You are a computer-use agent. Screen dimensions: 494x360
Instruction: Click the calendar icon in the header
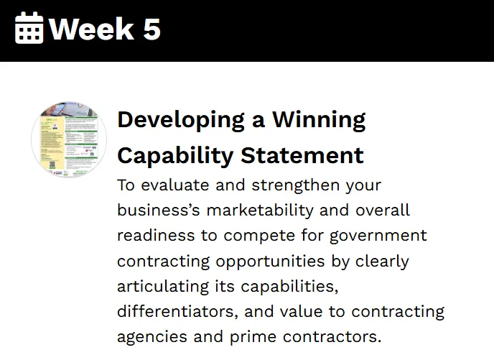coord(29,28)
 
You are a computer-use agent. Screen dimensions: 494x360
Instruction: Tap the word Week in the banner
coord(92,29)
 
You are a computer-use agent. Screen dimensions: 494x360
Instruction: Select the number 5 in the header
coord(152,29)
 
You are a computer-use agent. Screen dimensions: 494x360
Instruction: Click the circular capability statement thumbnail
coord(69,139)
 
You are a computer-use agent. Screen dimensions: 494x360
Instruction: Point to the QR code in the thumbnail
coord(52,165)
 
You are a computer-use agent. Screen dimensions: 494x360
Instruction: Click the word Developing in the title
coord(181,121)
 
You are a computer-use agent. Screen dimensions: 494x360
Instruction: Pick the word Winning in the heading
coord(319,121)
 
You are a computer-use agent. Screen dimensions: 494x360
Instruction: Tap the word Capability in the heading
coord(175,157)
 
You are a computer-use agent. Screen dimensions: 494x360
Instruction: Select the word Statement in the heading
coord(302,155)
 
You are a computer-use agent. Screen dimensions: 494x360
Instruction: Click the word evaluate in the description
coord(175,185)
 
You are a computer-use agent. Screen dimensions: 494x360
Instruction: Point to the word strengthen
coord(296,185)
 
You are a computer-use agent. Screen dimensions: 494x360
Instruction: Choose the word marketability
coord(260,211)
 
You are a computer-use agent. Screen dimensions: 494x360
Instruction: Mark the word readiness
coord(156,236)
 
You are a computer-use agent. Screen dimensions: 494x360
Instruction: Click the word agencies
coord(152,338)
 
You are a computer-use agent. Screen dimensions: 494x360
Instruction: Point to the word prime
coord(253,338)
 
